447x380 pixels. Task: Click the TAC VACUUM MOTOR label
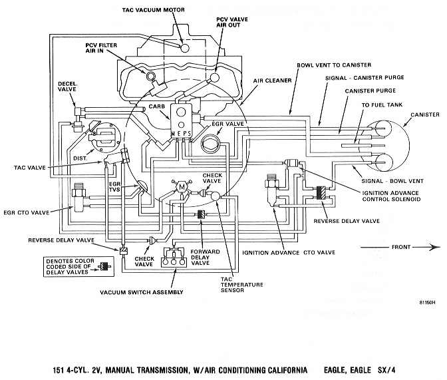154,10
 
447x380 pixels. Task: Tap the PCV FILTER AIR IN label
101,48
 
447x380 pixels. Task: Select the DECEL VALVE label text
67,87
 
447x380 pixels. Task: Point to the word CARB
157,106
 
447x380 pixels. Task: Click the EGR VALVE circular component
210,143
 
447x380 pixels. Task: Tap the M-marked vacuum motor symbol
182,187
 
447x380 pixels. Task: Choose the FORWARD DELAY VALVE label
205,257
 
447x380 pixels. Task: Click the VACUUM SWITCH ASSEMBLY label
142,292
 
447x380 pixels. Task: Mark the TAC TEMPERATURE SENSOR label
241,284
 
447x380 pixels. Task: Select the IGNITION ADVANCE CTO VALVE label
289,252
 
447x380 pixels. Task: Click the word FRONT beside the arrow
401,247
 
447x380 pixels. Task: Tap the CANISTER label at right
425,114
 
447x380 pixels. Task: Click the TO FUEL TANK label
382,105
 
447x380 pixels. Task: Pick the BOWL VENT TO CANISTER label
334,65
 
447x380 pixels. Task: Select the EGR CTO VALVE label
27,212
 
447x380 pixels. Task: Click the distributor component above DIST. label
105,137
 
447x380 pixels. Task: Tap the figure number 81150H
427,303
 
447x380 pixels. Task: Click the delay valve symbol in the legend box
104,267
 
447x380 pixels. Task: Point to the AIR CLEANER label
272,81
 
